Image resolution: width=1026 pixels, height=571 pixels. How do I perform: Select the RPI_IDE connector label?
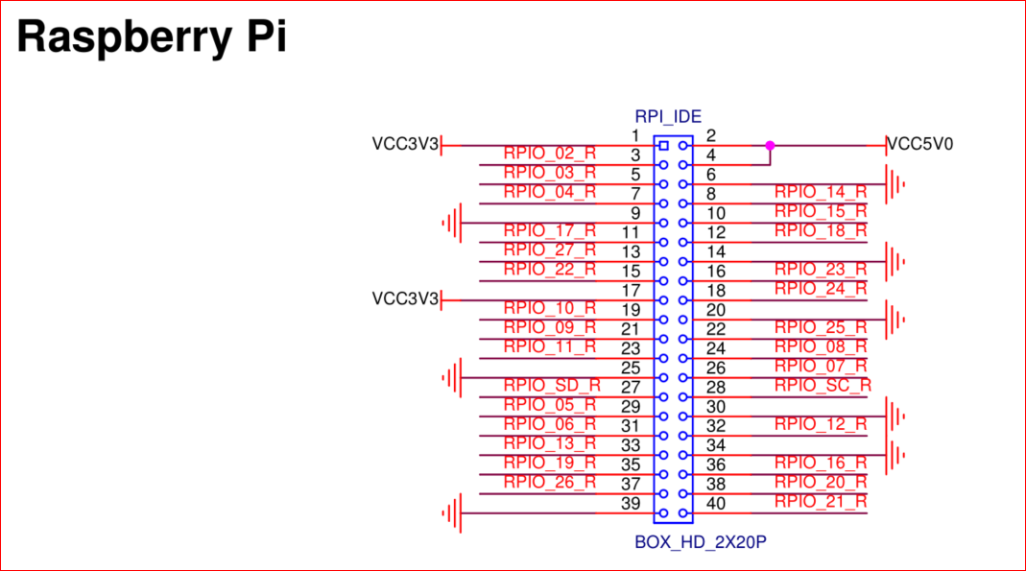[x=668, y=117]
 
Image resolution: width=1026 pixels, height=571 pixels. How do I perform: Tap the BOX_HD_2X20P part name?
[x=701, y=542]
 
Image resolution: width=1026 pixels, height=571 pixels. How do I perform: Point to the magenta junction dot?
[x=769, y=146]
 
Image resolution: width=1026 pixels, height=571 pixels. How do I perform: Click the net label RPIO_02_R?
[x=549, y=154]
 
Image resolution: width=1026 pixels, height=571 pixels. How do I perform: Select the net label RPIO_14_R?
[x=821, y=192]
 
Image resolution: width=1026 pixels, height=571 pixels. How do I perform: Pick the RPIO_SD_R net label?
[x=552, y=385]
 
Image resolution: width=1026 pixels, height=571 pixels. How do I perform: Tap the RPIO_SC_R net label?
[x=823, y=385]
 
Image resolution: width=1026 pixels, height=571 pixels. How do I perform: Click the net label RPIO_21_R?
[x=821, y=501]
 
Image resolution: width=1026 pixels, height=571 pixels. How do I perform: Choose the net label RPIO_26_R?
[x=549, y=482]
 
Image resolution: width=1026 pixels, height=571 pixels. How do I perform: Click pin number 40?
[x=716, y=504]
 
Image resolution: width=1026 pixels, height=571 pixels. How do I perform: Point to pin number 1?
[x=634, y=135]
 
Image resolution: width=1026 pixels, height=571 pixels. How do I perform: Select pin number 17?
[x=631, y=291]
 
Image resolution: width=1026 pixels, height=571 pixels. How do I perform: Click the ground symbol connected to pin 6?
[x=895, y=184]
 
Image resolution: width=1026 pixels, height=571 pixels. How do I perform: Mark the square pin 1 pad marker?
[x=662, y=146]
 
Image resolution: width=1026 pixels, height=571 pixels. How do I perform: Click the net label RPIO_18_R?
[x=821, y=230]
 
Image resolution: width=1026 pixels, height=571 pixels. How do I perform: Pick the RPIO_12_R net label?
[x=821, y=423]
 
